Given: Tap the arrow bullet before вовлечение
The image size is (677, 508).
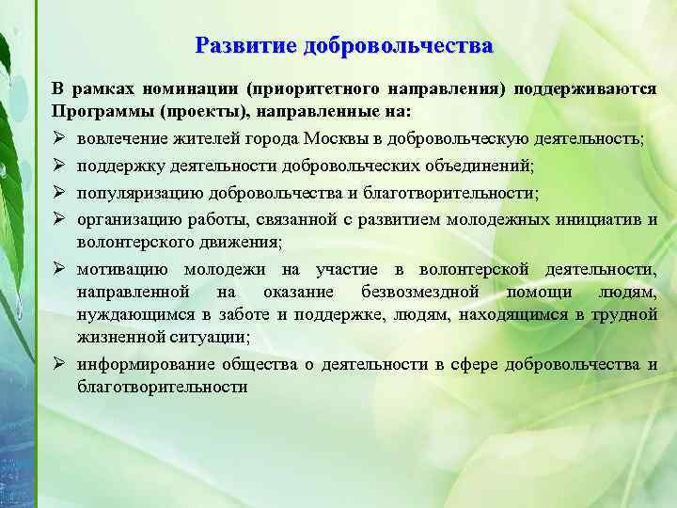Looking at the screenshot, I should (x=59, y=138).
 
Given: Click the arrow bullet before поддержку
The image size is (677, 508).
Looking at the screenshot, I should (x=59, y=166).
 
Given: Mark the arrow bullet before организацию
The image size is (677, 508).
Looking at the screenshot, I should (x=59, y=220).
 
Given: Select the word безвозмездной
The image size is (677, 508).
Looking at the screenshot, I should (x=420, y=292).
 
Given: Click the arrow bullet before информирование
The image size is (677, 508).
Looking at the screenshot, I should (x=59, y=364).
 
